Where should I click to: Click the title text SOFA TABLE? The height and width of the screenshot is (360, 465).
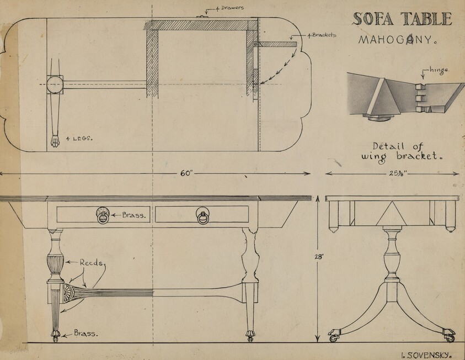[402, 19]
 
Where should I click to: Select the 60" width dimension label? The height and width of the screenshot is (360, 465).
[186, 173]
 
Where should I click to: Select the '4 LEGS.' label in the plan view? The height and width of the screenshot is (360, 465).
[79, 139]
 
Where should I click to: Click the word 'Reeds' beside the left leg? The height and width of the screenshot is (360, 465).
[90, 263]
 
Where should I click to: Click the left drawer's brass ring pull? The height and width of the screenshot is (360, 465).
[103, 216]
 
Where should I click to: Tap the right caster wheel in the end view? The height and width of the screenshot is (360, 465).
[449, 336]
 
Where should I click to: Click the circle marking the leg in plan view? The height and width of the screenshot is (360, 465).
[55, 85]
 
